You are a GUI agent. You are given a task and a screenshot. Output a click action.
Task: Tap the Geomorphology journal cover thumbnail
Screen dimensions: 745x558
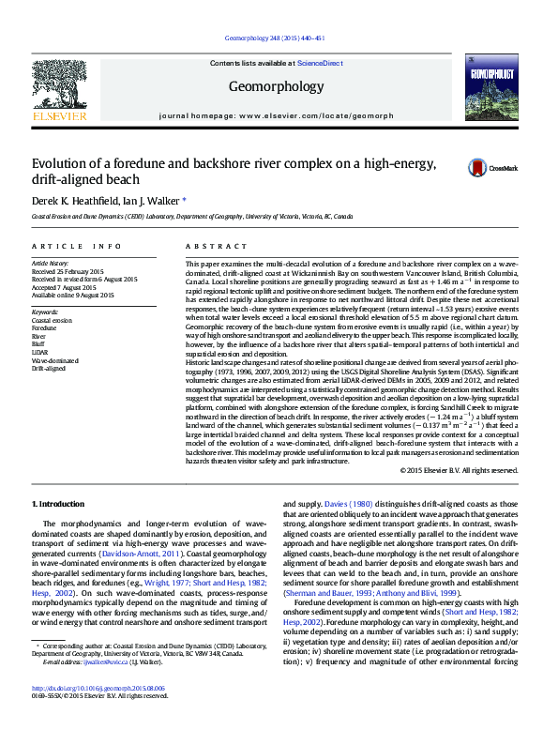point(490,86)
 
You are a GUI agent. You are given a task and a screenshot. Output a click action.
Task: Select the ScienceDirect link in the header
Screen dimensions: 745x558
point(319,63)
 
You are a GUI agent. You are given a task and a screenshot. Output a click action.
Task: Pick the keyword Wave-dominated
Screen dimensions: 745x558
point(55,359)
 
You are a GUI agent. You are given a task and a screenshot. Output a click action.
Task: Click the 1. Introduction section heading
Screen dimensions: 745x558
point(58,504)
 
